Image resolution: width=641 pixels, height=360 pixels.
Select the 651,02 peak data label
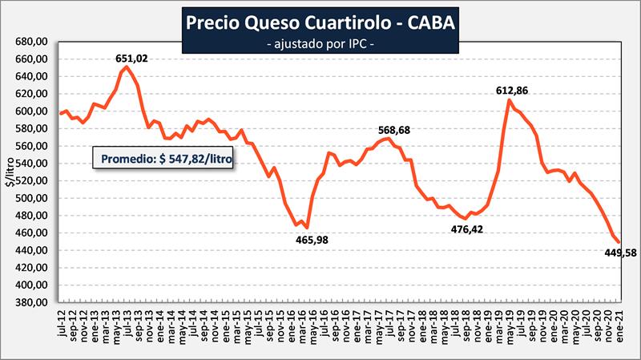pos(131,58)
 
